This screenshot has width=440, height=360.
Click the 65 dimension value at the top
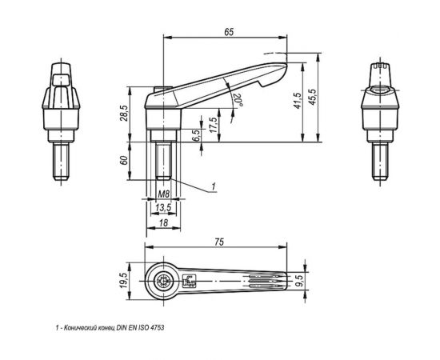[229, 32]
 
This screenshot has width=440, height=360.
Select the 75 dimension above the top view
[219, 242]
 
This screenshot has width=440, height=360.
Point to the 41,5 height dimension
[298, 101]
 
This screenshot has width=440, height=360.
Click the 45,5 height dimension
[312, 97]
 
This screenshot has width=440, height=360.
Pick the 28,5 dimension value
[124, 113]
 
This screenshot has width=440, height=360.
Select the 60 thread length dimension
[124, 160]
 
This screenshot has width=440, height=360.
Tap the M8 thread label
[164, 194]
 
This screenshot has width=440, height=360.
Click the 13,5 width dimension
[163, 208]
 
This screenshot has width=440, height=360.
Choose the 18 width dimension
[163, 222]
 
